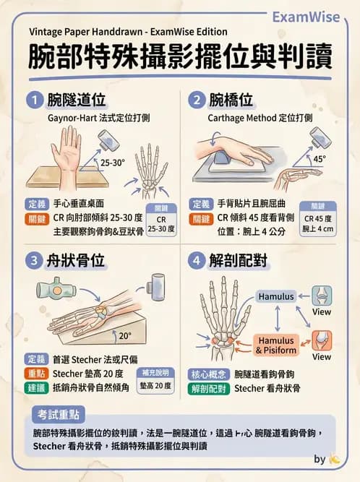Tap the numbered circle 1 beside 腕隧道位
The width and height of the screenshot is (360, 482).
[34, 99]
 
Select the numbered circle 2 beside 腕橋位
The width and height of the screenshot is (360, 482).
[196, 99]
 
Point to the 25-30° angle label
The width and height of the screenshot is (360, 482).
[113, 163]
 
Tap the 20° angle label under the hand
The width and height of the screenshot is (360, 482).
[125, 335]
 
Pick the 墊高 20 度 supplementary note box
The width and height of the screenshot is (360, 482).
[155, 381]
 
